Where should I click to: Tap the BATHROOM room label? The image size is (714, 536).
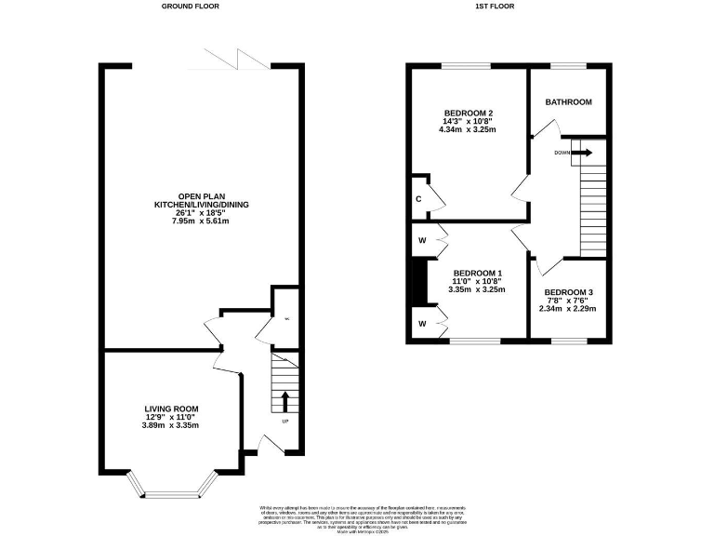(568, 102)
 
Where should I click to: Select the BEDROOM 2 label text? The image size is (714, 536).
(469, 114)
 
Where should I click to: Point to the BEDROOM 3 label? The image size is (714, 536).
(569, 292)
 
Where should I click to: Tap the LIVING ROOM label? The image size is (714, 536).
(171, 409)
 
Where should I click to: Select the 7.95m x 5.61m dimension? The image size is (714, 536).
(201, 221)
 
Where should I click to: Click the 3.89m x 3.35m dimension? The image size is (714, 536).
(171, 425)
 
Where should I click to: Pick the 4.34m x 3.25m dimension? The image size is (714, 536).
(469, 130)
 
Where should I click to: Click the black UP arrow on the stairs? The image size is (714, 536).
(284, 401)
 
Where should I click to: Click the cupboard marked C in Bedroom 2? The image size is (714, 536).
(419, 197)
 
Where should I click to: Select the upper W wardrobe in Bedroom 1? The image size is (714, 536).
(422, 240)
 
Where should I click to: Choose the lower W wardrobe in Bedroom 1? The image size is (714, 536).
(422, 323)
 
